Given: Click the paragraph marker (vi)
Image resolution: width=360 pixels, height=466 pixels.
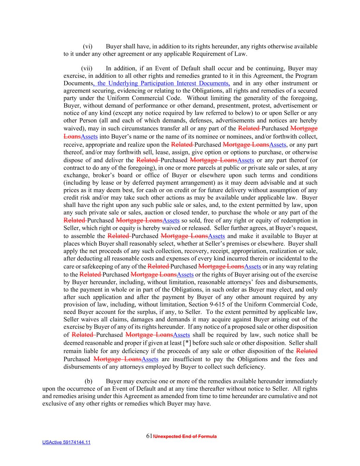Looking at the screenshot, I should (x=88, y=46).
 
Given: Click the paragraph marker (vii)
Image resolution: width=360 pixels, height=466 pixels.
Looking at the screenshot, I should (x=87, y=68).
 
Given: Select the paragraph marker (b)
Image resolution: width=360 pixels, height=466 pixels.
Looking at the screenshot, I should (x=88, y=381).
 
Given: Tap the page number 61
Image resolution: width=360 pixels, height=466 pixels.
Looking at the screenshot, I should (x=149, y=436).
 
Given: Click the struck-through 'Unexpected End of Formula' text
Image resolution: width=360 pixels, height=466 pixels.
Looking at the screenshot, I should (x=185, y=437).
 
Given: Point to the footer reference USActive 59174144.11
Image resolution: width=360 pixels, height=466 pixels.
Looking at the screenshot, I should (x=66, y=442).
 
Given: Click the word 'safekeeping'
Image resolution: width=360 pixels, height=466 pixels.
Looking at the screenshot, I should (x=105, y=266).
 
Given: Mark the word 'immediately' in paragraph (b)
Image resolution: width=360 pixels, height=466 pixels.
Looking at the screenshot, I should (x=301, y=381).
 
